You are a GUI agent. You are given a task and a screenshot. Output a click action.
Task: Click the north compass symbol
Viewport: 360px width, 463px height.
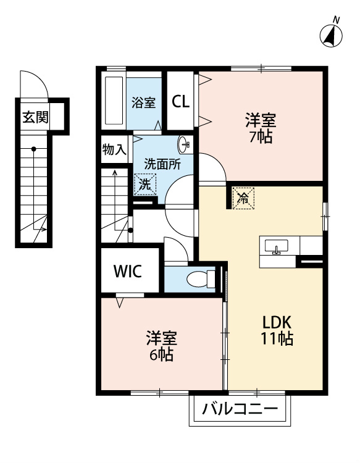331,35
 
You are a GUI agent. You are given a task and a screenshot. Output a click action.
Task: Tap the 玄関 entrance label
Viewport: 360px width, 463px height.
35,117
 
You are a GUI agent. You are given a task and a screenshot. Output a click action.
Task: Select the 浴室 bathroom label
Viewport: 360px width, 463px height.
143,102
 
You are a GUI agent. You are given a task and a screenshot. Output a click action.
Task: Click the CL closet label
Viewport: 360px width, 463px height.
180,102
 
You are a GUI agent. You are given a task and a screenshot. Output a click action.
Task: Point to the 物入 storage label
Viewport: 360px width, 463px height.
114,149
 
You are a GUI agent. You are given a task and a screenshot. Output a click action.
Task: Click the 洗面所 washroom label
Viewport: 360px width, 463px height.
162,164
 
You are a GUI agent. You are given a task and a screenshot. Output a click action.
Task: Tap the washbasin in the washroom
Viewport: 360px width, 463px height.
185,144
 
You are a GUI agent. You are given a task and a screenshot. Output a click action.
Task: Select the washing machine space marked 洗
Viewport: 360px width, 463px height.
145,185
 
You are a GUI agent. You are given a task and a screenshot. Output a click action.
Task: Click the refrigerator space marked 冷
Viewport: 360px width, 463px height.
243,198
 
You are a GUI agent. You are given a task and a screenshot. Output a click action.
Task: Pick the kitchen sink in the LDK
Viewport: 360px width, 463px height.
277,247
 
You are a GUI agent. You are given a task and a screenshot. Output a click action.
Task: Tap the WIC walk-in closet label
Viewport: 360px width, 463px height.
128,271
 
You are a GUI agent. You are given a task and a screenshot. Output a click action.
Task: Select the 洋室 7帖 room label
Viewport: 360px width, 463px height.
261,128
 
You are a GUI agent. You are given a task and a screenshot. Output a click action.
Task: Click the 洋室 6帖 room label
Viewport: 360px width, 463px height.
162,346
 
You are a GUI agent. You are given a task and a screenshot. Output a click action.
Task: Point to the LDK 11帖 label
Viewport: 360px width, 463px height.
277,330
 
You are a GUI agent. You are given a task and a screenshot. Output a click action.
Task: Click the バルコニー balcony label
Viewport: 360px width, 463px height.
240,409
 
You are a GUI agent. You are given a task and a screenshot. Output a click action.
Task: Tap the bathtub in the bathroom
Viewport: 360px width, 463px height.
114,101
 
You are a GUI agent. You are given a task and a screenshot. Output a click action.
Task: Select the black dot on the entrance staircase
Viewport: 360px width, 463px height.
34,149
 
